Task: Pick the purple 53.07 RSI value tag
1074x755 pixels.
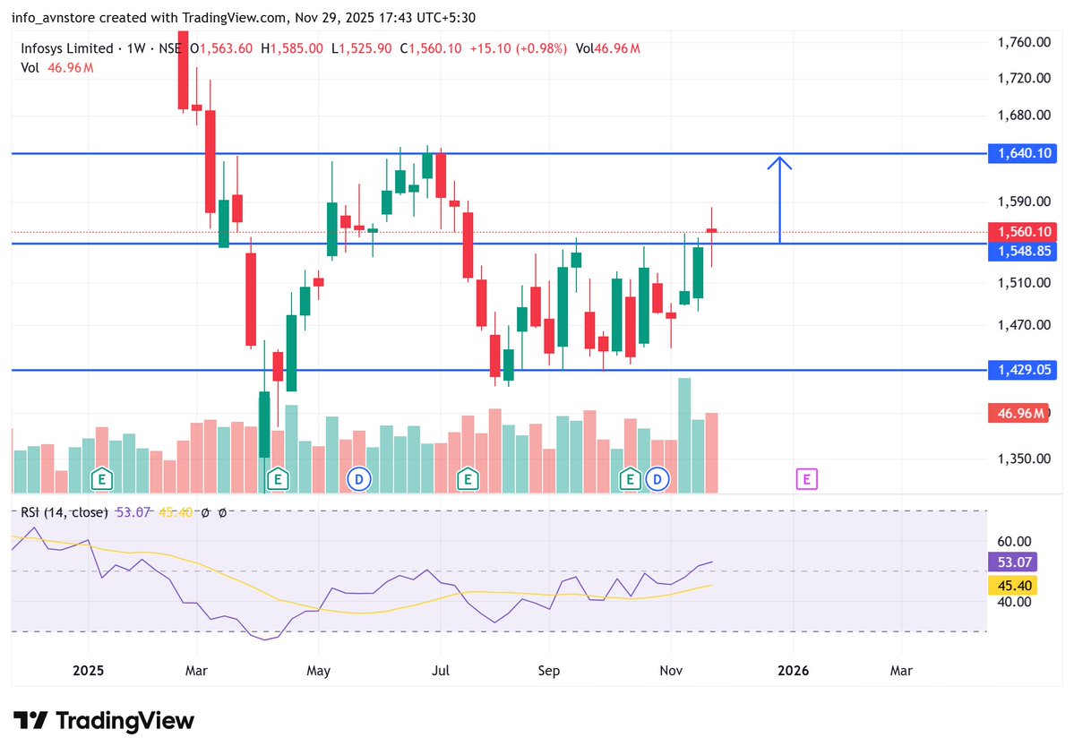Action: [x=1017, y=562]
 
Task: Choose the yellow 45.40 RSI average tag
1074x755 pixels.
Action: [x=1017, y=586]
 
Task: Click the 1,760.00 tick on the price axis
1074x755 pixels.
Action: [x=1023, y=42]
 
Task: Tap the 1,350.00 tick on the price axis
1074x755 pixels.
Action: [x=1023, y=459]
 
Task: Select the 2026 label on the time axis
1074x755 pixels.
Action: [x=793, y=670]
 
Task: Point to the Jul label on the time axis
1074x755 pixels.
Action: [x=440, y=670]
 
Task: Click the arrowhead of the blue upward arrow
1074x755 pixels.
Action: [x=780, y=161]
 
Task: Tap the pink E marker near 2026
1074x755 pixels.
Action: [x=806, y=479]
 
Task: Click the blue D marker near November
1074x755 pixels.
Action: [x=658, y=479]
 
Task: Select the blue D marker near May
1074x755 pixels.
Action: [x=359, y=479]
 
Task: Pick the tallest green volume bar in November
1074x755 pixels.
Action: [x=684, y=434]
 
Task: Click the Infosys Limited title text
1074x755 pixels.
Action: [x=67, y=48]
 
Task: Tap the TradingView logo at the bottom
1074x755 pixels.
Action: [x=104, y=720]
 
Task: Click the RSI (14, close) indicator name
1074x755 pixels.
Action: [x=64, y=512]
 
